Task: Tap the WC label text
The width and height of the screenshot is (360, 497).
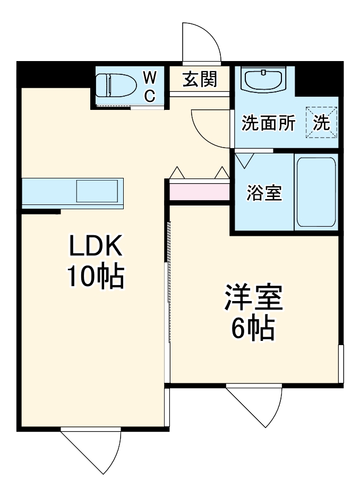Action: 150,87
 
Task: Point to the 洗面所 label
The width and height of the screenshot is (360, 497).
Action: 268,123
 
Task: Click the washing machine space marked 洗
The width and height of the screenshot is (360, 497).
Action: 321,123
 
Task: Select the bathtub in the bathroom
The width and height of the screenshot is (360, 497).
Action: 316,192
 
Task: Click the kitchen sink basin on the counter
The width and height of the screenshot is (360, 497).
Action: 97,191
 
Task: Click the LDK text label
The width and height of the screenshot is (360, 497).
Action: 96,246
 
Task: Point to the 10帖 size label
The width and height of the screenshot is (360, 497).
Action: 95,276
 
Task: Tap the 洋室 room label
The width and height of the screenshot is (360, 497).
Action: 253,298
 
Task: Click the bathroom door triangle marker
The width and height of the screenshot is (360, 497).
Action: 245,160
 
